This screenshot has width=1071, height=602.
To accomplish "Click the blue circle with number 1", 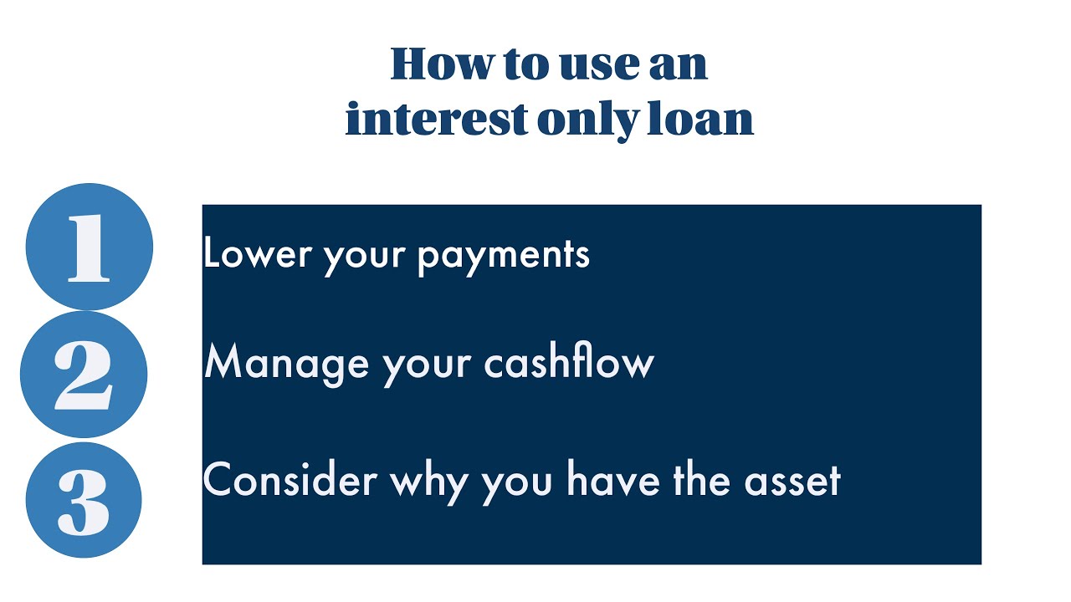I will point(90,247).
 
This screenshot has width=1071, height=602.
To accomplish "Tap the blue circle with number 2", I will point(84,374).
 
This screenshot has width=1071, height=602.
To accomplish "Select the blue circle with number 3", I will point(84,500).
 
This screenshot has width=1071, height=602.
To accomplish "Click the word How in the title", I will point(443,64).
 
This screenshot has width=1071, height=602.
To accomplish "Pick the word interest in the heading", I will point(436,119).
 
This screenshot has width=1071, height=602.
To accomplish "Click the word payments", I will point(504,254).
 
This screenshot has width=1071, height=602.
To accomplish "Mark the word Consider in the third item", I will point(290,480).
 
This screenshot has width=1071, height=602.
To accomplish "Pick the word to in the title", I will point(524,64).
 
